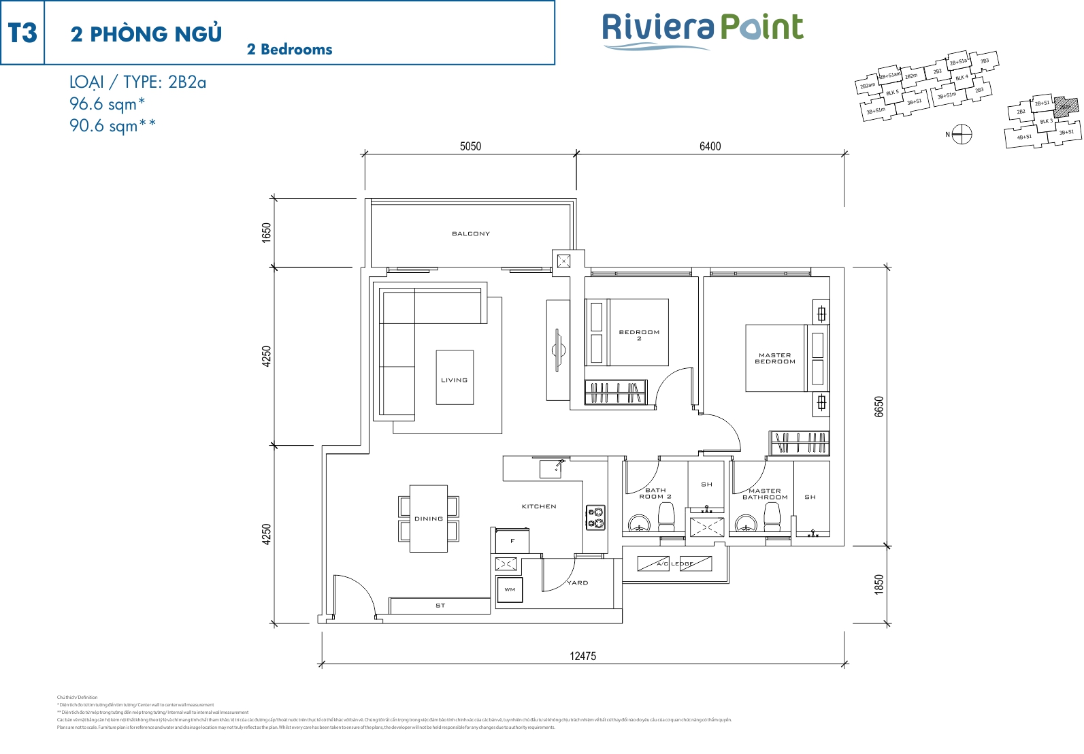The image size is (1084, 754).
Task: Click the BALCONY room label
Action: pyautogui.click(x=471, y=234)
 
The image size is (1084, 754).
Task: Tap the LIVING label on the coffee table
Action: pyautogui.click(x=455, y=380)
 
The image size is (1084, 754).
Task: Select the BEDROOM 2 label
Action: pyautogui.click(x=639, y=335)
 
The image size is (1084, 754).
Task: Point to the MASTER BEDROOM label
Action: pyautogui.click(x=775, y=358)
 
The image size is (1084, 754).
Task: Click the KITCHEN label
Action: pyautogui.click(x=539, y=506)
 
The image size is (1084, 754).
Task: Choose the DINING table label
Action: pyautogui.click(x=429, y=519)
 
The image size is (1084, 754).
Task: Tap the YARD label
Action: pyautogui.click(x=578, y=583)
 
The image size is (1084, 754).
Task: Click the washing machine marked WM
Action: pyautogui.click(x=510, y=589)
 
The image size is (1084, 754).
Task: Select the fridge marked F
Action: pyautogui.click(x=512, y=541)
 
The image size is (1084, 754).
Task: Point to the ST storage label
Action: pyautogui.click(x=440, y=605)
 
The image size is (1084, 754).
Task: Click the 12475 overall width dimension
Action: pyautogui.click(x=583, y=656)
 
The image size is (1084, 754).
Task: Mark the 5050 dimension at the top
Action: pyautogui.click(x=470, y=146)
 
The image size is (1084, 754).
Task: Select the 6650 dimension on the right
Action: pyautogui.click(x=879, y=407)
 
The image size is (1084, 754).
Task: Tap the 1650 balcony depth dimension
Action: pyautogui.click(x=267, y=232)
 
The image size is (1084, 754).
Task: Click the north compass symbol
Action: pyautogui.click(x=962, y=134)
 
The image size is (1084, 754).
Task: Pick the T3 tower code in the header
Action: pyautogui.click(x=22, y=33)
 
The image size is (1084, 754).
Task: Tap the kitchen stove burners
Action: pyautogui.click(x=596, y=517)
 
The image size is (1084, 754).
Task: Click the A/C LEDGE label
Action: pyautogui.click(x=674, y=563)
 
